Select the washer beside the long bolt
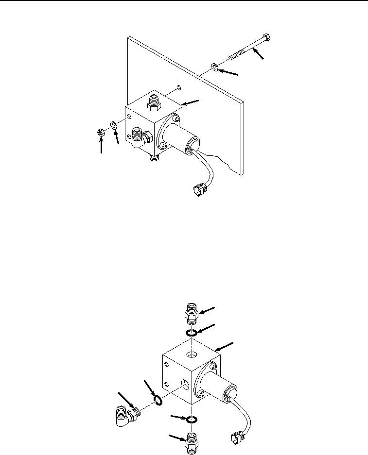click(x=214, y=66)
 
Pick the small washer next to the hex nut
click(x=112, y=125)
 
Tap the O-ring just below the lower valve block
click(x=193, y=419)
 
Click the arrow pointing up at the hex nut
click(x=101, y=146)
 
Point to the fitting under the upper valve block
click(x=154, y=157)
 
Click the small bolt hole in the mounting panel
click(x=179, y=87)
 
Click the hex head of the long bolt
click(x=267, y=38)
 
